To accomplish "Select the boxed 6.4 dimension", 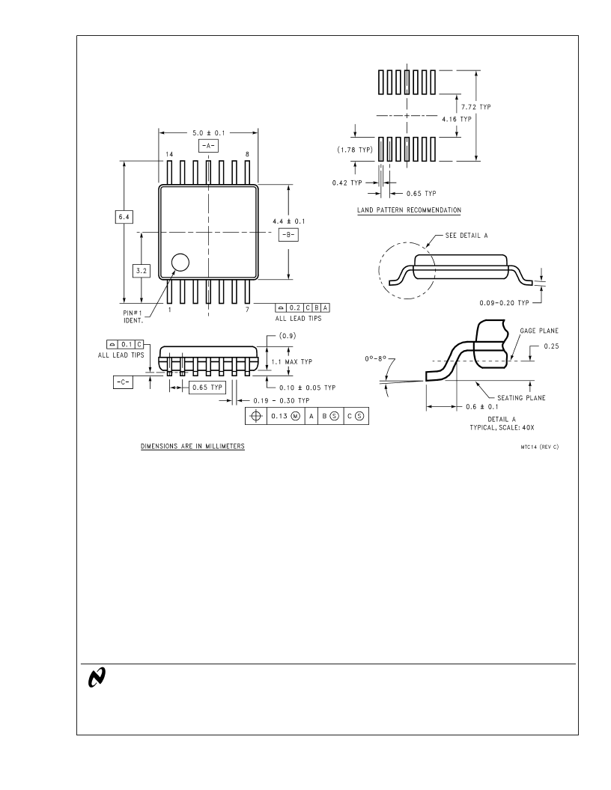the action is click(124, 217).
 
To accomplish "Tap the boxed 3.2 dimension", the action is click(142, 271).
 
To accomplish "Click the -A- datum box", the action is click(208, 146).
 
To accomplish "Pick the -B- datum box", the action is click(288, 234).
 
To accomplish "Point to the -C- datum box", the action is click(123, 382).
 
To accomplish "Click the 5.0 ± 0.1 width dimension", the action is click(209, 133).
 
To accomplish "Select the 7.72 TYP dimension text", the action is click(476, 107).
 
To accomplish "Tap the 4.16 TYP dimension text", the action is click(457, 120).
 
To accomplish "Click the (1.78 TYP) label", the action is click(355, 150).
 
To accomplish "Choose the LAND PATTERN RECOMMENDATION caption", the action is click(410, 210).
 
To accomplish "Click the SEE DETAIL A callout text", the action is click(466, 236).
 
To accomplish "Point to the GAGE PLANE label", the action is click(539, 331).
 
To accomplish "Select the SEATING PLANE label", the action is click(521, 397).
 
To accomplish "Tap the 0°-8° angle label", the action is click(376, 359).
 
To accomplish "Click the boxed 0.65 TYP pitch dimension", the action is click(207, 388).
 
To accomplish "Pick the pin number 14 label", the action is click(169, 154).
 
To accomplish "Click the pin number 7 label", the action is click(247, 310).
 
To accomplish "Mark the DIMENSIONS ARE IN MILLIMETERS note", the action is click(192, 447).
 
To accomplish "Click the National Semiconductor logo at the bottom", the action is click(97, 677).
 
